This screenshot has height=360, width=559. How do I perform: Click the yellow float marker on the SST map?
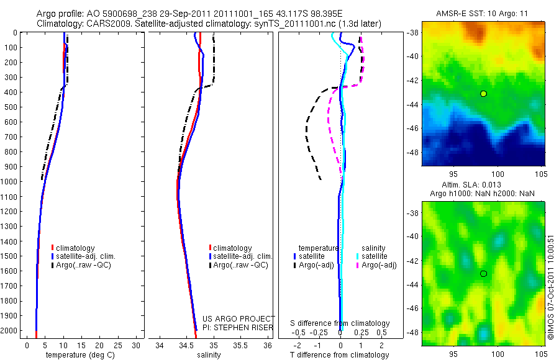[483, 94]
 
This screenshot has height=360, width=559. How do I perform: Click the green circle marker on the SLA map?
[483, 274]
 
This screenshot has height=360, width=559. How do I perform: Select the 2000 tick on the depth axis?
[14, 331]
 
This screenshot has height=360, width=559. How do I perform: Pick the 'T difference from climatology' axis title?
[340, 355]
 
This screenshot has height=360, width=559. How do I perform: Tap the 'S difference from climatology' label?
[340, 323]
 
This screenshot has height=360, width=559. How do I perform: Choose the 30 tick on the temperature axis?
[137, 345]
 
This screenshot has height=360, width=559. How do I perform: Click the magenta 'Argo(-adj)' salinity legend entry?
[379, 265]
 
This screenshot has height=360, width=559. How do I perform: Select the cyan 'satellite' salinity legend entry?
[375, 256]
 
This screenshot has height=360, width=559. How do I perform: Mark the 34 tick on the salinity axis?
[160, 345]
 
